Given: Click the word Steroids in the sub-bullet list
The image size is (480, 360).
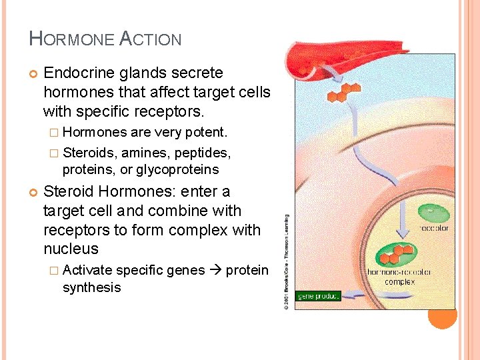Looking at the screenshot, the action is [88, 152].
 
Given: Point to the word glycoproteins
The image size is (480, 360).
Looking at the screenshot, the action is [177, 169].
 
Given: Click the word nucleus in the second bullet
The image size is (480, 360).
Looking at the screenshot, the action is [71, 249].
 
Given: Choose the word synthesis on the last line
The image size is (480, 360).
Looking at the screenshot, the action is [91, 287].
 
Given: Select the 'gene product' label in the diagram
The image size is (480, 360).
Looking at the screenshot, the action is [319, 296].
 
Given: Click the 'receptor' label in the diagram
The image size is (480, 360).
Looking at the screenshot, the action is [433, 229].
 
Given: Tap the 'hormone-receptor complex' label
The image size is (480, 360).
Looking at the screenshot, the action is [408, 277].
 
